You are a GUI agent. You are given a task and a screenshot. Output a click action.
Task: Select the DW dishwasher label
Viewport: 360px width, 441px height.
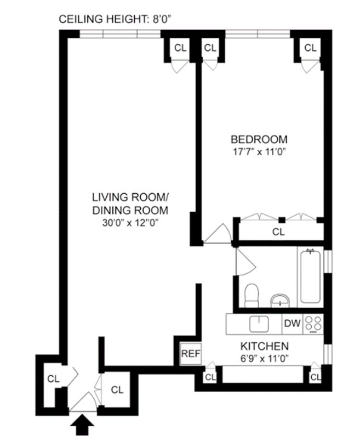point(292,323)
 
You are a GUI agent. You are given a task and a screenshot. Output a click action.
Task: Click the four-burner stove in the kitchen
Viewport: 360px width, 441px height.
point(314,324)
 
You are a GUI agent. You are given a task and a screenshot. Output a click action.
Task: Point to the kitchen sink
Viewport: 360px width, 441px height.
point(258,324)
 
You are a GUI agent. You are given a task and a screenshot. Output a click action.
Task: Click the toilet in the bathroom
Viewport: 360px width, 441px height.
point(252,295)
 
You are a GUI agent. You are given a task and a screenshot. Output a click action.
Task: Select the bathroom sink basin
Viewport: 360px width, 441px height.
point(281,300)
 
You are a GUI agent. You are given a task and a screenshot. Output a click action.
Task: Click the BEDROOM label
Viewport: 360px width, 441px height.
point(259,139)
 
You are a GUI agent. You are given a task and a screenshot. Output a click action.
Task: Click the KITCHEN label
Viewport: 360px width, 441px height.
point(265,346)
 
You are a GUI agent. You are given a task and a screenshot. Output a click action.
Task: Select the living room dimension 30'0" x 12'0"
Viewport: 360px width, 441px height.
point(130,222)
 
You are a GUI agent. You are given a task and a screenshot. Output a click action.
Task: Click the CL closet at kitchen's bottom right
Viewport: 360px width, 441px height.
point(315,377)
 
